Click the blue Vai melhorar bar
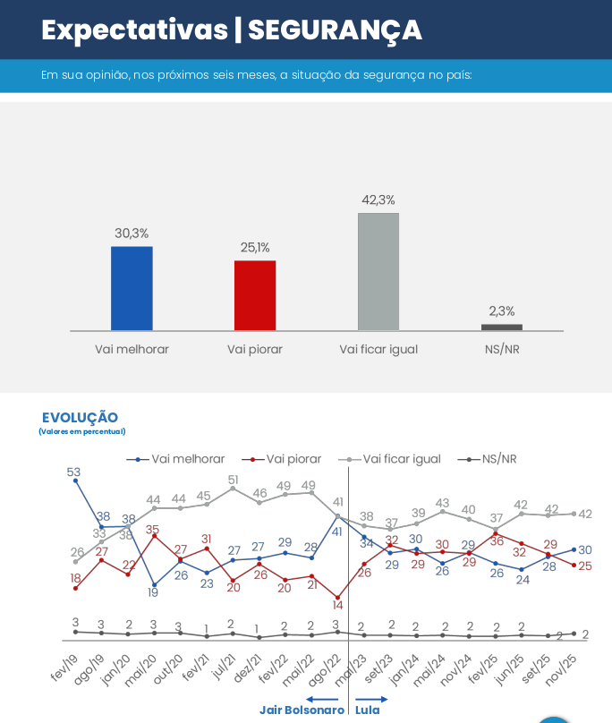click(132, 288)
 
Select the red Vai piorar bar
click(255, 295)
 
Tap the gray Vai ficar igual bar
click(378, 272)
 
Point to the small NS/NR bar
click(502, 327)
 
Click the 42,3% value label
click(378, 200)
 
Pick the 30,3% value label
click(132, 234)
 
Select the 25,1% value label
click(255, 248)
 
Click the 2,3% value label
click(502, 311)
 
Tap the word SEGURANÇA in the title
click(335, 31)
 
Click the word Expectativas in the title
click(134, 31)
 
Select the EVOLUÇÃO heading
click(80, 418)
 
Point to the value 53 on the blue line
click(73, 472)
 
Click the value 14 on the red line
click(338, 606)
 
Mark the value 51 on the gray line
click(233, 480)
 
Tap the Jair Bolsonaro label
click(302, 710)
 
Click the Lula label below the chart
click(368, 710)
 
